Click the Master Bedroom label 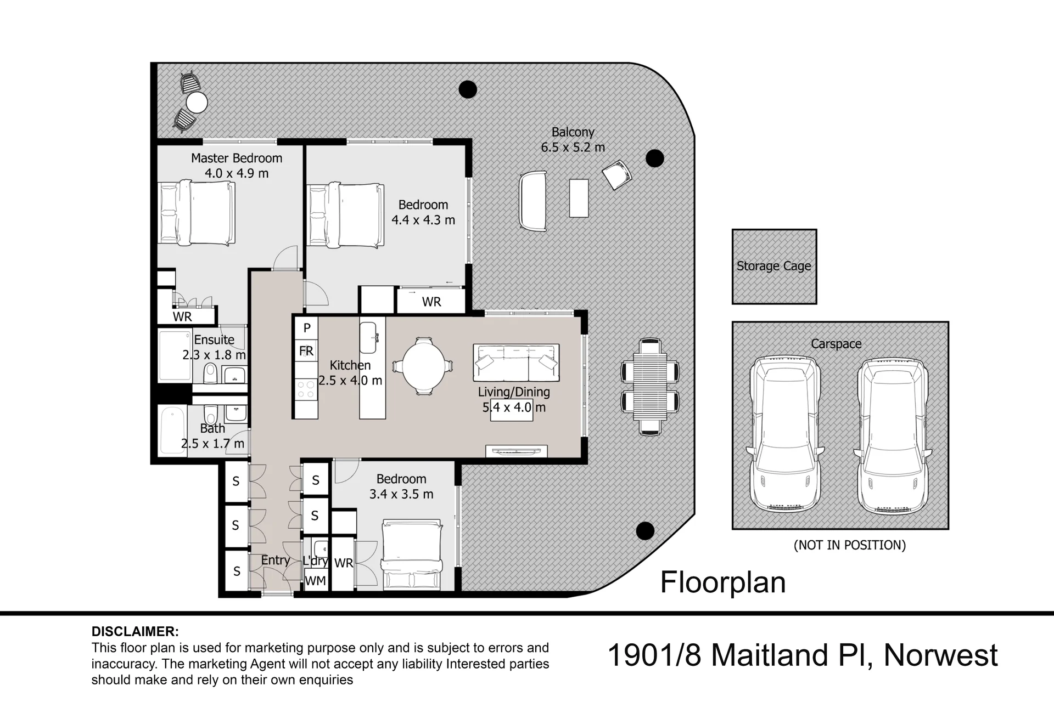[237, 158]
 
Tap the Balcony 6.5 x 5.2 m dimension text [573, 148]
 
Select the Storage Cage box [774, 267]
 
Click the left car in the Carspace [785, 435]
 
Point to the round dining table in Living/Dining [424, 366]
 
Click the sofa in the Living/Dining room [516, 363]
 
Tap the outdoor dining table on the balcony [650, 387]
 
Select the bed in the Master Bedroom [197, 213]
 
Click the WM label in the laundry [315, 581]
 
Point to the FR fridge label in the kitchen [306, 351]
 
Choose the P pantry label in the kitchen [307, 328]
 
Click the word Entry [275, 561]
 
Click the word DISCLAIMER [135, 632]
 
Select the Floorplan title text [723, 582]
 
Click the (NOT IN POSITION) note [850, 545]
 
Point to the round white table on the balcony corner [197, 103]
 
